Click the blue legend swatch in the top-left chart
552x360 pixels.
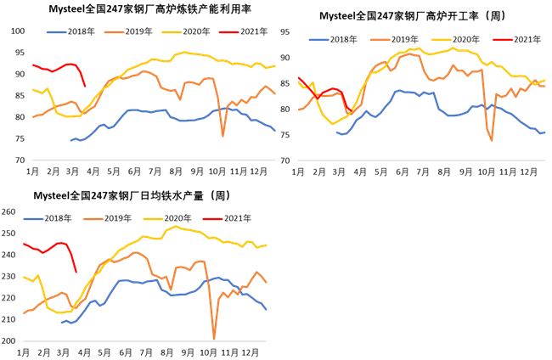click(56, 32)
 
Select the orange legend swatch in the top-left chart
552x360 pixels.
click(114, 32)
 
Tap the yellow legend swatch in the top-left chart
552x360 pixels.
click(172, 32)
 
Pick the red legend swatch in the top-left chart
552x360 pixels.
click(228, 32)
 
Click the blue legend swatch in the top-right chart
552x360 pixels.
click(318, 40)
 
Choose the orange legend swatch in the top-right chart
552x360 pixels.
click(380, 40)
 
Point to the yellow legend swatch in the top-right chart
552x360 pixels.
click(442, 40)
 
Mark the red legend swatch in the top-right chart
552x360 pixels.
click(503, 40)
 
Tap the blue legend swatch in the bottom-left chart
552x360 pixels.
click(33, 219)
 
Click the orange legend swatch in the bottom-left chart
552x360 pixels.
click(93, 219)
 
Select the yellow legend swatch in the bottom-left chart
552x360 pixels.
click(154, 219)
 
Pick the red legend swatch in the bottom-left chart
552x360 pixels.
click(213, 219)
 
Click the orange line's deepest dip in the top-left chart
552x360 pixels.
click(223, 134)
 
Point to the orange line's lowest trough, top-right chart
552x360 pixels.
click(492, 139)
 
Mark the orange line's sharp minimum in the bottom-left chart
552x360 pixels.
click(214, 338)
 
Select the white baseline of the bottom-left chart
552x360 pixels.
click(144, 341)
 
